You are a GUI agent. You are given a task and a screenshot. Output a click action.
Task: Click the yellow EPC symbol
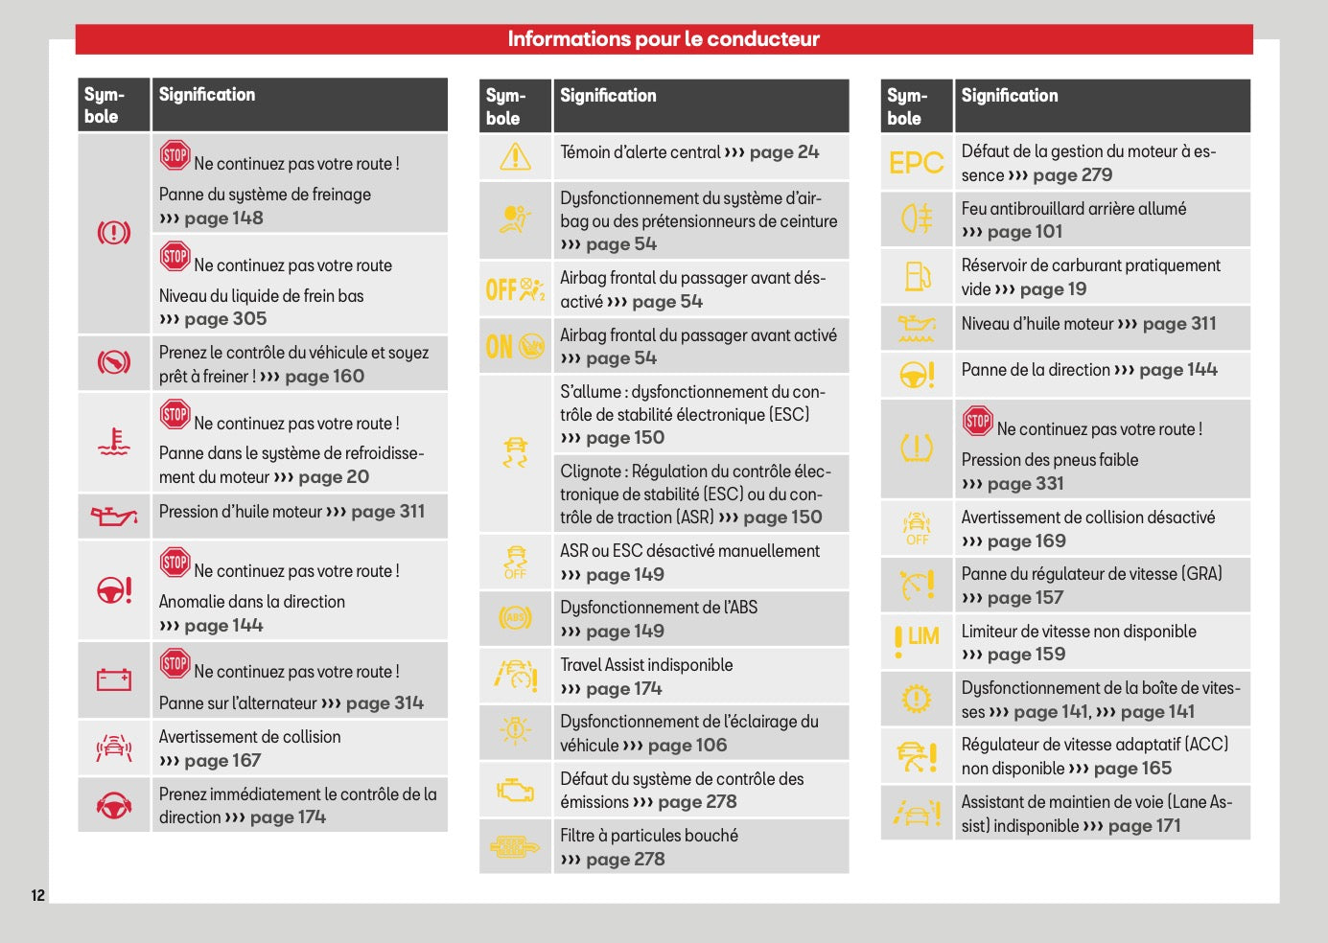click(x=916, y=162)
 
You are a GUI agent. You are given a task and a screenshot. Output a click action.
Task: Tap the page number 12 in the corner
click(x=38, y=895)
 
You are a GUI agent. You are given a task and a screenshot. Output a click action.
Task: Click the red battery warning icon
click(x=114, y=679)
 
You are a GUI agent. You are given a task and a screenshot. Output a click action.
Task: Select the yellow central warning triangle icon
click(x=515, y=156)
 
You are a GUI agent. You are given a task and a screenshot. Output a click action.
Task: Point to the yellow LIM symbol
click(x=917, y=641)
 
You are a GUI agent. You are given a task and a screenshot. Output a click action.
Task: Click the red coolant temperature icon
click(x=114, y=442)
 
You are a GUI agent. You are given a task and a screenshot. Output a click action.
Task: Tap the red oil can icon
click(x=114, y=516)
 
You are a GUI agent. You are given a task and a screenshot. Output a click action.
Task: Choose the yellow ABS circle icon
click(x=515, y=618)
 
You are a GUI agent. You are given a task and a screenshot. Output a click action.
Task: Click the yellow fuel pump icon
click(x=918, y=276)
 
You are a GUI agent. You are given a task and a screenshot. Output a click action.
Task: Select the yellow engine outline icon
click(x=515, y=790)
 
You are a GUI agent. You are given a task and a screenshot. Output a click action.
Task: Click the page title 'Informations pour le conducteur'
click(x=664, y=39)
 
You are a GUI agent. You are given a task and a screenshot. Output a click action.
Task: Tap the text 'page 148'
click(x=223, y=218)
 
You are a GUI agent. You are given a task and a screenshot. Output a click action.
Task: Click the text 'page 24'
click(x=784, y=152)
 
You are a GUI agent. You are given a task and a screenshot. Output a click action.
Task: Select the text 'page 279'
click(x=1073, y=175)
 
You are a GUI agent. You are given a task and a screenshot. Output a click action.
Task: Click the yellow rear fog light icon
click(x=917, y=218)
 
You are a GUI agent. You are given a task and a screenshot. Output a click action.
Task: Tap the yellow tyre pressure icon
click(x=917, y=448)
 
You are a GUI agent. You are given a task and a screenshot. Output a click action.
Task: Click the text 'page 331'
click(x=1026, y=484)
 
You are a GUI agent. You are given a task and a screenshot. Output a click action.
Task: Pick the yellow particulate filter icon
click(x=515, y=847)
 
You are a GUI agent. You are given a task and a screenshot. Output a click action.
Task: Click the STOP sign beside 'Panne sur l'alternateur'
click(x=175, y=662)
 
